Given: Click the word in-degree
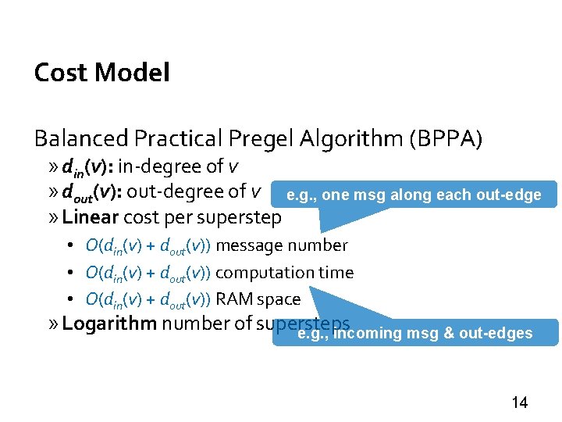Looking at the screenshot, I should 161,167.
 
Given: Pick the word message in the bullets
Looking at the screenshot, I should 250,245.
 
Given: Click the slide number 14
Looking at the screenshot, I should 519,403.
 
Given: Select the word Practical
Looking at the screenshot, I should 179,139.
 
